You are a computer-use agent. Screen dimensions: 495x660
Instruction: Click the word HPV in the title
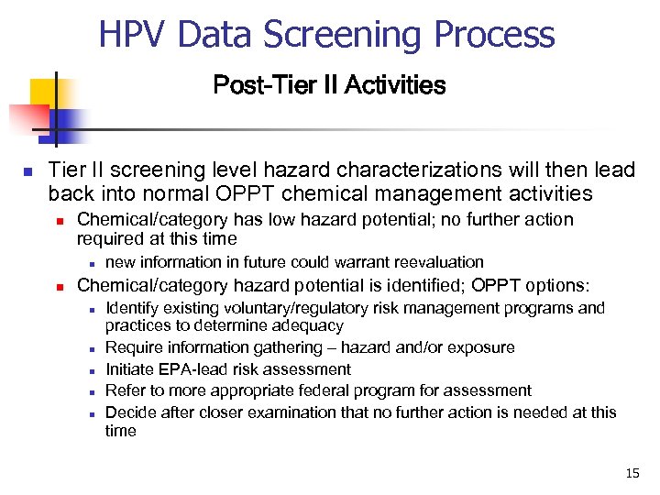(x=135, y=35)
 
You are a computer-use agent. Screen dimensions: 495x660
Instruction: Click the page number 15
(x=632, y=473)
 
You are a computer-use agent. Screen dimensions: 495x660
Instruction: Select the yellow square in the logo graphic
(x=43, y=93)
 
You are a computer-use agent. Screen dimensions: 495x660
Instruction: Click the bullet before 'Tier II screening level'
(x=27, y=171)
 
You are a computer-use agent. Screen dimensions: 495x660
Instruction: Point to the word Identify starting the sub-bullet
(x=133, y=308)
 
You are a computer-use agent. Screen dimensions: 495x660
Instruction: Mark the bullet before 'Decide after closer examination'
(x=93, y=413)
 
